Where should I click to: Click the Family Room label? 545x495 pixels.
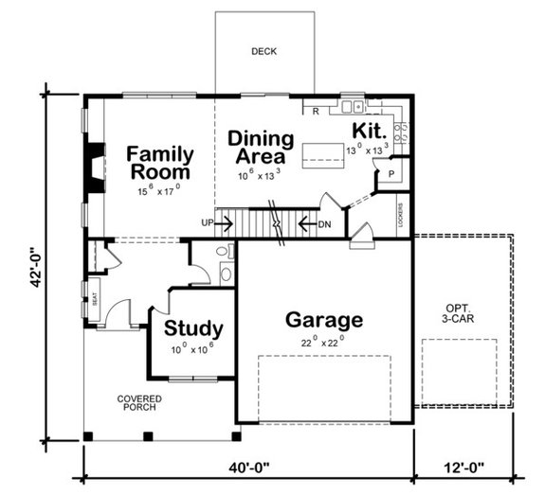pos(160,163)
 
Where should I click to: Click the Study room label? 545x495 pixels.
pos(193,328)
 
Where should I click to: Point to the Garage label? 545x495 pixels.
pos(324,320)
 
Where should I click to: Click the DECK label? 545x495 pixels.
pos(263,51)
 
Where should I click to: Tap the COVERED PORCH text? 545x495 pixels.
pos(139,403)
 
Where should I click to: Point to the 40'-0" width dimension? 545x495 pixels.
pos(249,467)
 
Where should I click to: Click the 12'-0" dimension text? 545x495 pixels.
pos(463,467)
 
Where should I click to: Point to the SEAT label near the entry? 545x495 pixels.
pos(95,302)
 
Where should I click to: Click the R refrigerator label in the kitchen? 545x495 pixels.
pos(315,112)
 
